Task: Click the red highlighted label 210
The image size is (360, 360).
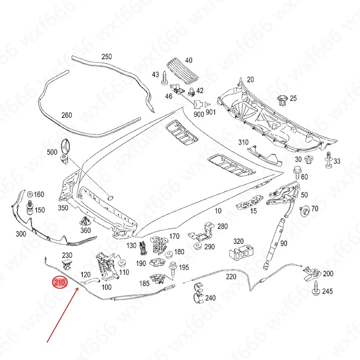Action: (60, 283)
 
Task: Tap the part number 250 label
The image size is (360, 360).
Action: (107, 57)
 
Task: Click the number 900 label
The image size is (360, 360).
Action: (198, 114)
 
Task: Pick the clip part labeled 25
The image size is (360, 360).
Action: (283, 100)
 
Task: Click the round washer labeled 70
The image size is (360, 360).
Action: (306, 209)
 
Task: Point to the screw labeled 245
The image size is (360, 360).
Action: (316, 290)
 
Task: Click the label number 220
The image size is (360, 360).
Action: (231, 277)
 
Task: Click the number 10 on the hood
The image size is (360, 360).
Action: (218, 211)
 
